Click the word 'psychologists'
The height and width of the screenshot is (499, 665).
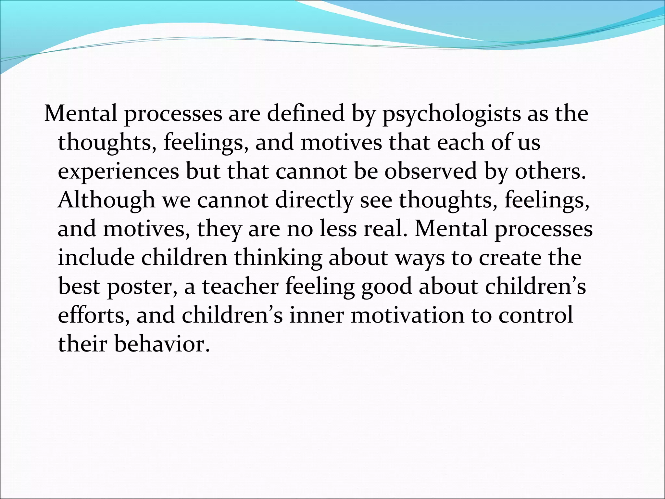[x=451, y=114]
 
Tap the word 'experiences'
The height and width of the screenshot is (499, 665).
[x=118, y=172]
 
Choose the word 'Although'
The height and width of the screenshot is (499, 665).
[x=107, y=200]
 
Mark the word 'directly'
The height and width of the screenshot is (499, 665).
[x=314, y=200]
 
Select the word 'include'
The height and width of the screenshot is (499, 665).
[x=96, y=257]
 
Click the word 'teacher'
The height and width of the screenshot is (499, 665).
[x=240, y=286]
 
